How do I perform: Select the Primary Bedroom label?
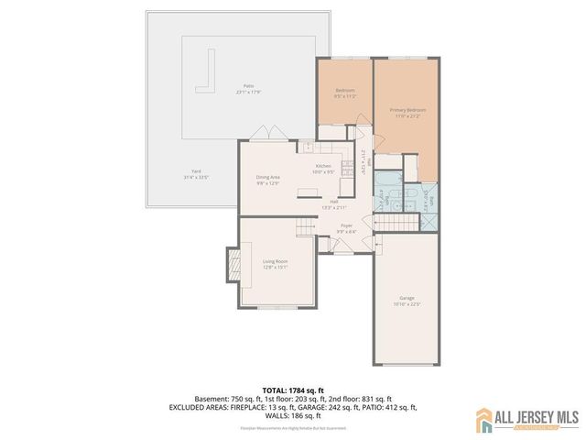pyautogui.click(x=407, y=109)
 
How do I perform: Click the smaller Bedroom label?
pyautogui.click(x=344, y=90)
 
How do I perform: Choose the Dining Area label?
pyautogui.click(x=268, y=177)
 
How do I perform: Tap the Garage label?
pyautogui.click(x=407, y=299)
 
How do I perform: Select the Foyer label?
pyautogui.click(x=346, y=225)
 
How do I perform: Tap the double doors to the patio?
pyautogui.click(x=266, y=134)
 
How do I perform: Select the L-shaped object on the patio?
pyautogui.click(x=208, y=73)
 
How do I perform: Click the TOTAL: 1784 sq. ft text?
pyautogui.click(x=293, y=390)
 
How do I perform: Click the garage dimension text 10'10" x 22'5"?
pyautogui.click(x=407, y=305)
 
